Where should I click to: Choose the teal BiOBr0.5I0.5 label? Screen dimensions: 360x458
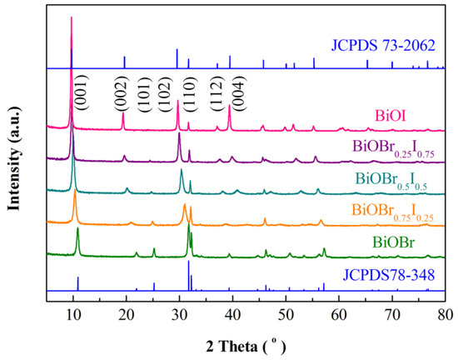[x=392, y=178]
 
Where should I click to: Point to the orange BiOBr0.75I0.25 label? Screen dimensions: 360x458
[x=392, y=212]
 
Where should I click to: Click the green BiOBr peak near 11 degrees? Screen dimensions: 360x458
[x=77, y=228]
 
